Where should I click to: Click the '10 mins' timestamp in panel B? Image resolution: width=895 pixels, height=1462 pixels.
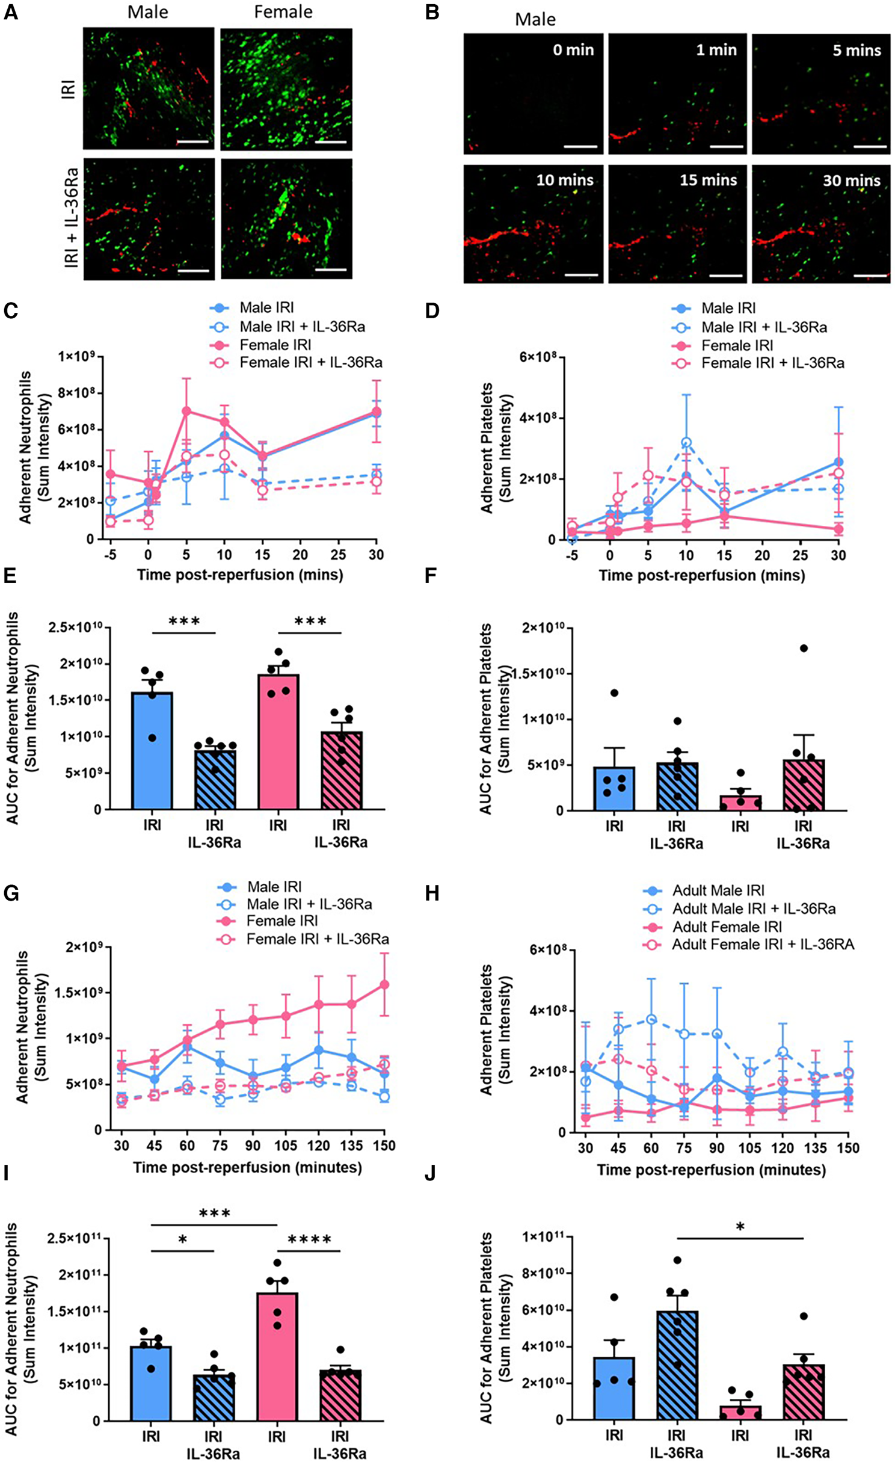(x=564, y=180)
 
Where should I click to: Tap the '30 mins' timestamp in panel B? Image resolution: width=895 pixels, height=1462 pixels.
(x=851, y=180)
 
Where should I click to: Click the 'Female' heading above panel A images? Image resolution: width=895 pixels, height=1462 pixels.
(x=283, y=12)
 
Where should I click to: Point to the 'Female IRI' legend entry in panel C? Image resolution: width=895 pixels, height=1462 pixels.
(x=275, y=345)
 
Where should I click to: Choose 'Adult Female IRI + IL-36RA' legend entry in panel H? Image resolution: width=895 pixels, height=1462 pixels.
(x=763, y=944)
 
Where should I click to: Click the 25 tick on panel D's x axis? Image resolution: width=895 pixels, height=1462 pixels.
(x=801, y=555)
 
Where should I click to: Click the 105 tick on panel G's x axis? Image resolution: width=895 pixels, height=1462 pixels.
(x=286, y=1145)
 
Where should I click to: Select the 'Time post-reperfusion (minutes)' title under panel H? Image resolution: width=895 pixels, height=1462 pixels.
(x=711, y=1170)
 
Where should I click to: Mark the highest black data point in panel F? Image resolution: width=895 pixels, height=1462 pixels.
(x=804, y=648)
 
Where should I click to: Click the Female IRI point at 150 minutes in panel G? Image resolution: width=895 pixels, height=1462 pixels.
(x=384, y=984)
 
